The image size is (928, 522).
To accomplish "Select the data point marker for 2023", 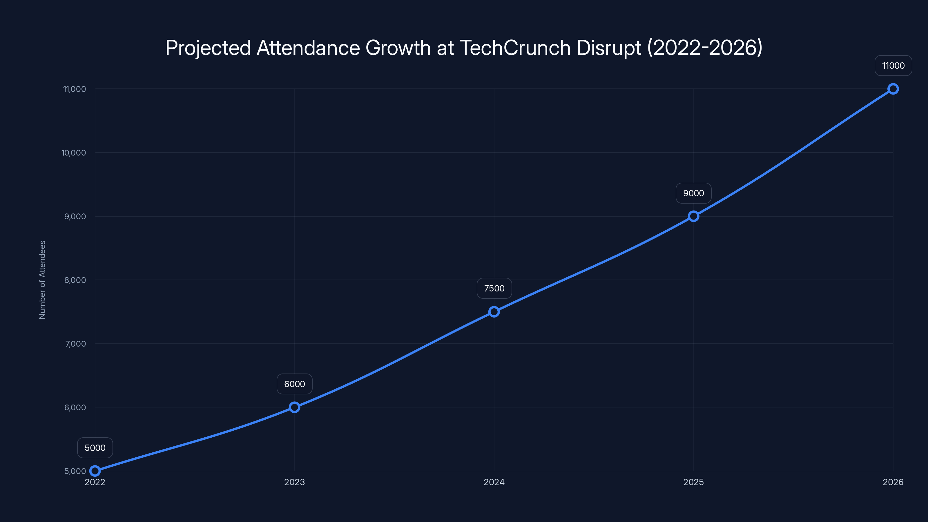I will coord(294,407).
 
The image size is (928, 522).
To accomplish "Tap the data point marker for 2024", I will coord(494,312).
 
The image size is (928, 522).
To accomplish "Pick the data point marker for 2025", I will coord(693,216).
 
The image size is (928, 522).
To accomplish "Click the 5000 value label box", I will coord(95,448).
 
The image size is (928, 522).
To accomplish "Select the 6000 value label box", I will coord(294,384).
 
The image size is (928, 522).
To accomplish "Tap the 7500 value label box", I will coord(494,288).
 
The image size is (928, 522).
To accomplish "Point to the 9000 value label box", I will coord(693,193).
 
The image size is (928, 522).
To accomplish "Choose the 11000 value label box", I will coord(893,66).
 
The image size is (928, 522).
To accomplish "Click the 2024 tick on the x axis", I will coord(494,482).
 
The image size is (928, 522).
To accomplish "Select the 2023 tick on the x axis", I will coord(294,482).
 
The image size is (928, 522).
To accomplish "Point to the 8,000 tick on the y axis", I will coord(75,280).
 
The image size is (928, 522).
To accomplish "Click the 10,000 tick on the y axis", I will coord(74,153).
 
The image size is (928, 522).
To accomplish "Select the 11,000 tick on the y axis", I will coord(75,89).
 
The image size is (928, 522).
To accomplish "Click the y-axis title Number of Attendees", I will coord(43,280).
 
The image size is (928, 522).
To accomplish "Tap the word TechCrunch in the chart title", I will coord(515,48).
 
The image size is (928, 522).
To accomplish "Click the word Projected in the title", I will coord(208,48).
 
